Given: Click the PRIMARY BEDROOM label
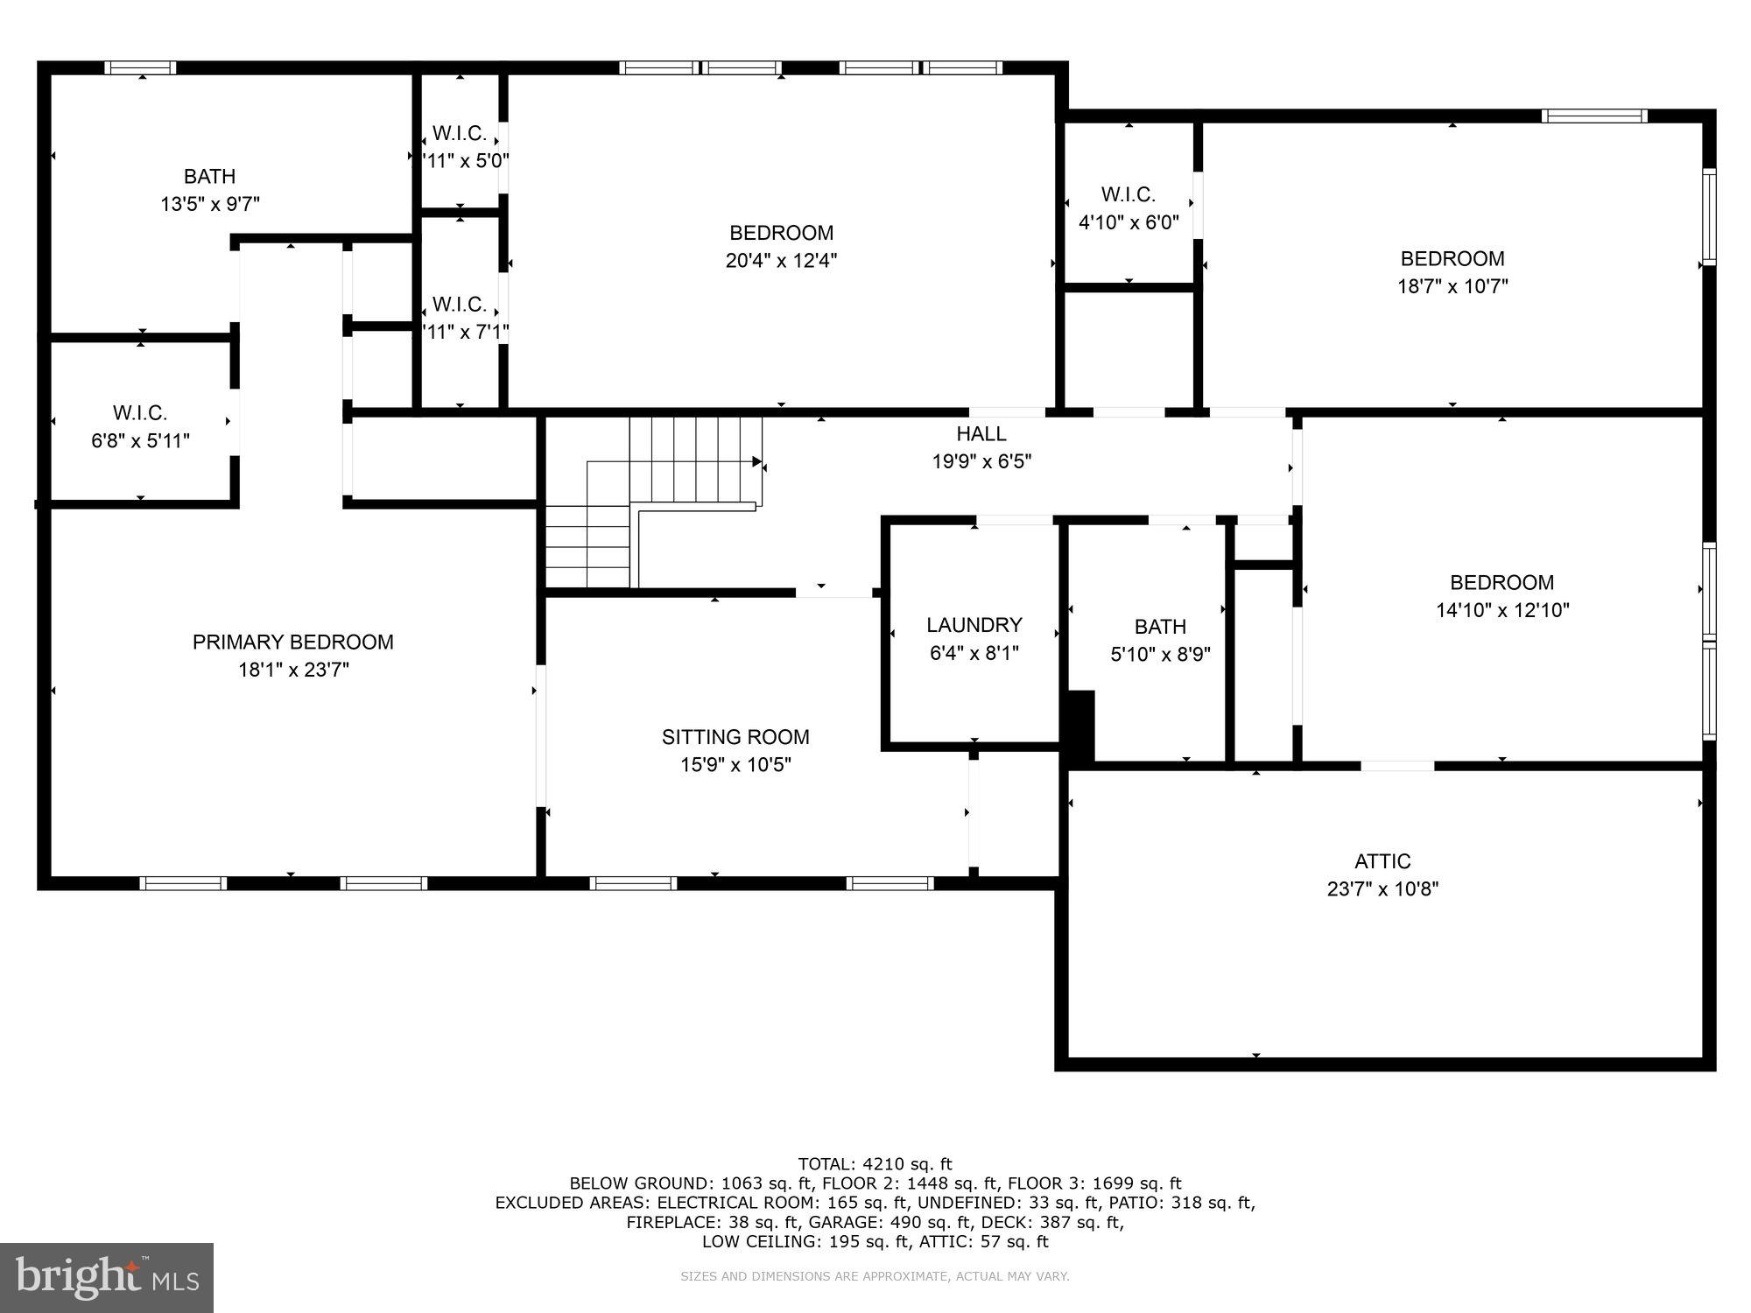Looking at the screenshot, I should (x=292, y=642).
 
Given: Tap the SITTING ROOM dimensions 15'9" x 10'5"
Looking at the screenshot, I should (x=735, y=764).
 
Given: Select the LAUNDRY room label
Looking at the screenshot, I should (x=974, y=624).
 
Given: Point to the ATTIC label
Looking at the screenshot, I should (x=1382, y=860).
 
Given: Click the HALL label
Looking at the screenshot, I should (x=981, y=433).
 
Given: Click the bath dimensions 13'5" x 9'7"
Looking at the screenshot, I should (x=210, y=204).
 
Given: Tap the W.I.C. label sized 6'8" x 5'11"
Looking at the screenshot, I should (x=140, y=412).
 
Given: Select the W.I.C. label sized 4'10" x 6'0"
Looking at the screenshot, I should (x=1128, y=194).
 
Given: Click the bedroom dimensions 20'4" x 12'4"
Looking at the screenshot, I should (x=781, y=260).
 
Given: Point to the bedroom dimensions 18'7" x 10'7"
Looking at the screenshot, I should (x=1452, y=285).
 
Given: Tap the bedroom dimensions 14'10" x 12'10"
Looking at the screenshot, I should (x=1502, y=609).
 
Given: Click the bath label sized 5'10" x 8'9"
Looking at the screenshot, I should (x=1160, y=626).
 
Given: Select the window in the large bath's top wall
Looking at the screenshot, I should (x=140, y=68).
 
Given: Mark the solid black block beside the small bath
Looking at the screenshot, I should (x=1080, y=725).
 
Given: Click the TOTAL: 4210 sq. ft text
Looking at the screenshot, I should (x=875, y=1164).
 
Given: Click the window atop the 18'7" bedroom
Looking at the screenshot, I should (x=1593, y=116).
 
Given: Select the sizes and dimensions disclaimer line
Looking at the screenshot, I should (x=875, y=1276).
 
